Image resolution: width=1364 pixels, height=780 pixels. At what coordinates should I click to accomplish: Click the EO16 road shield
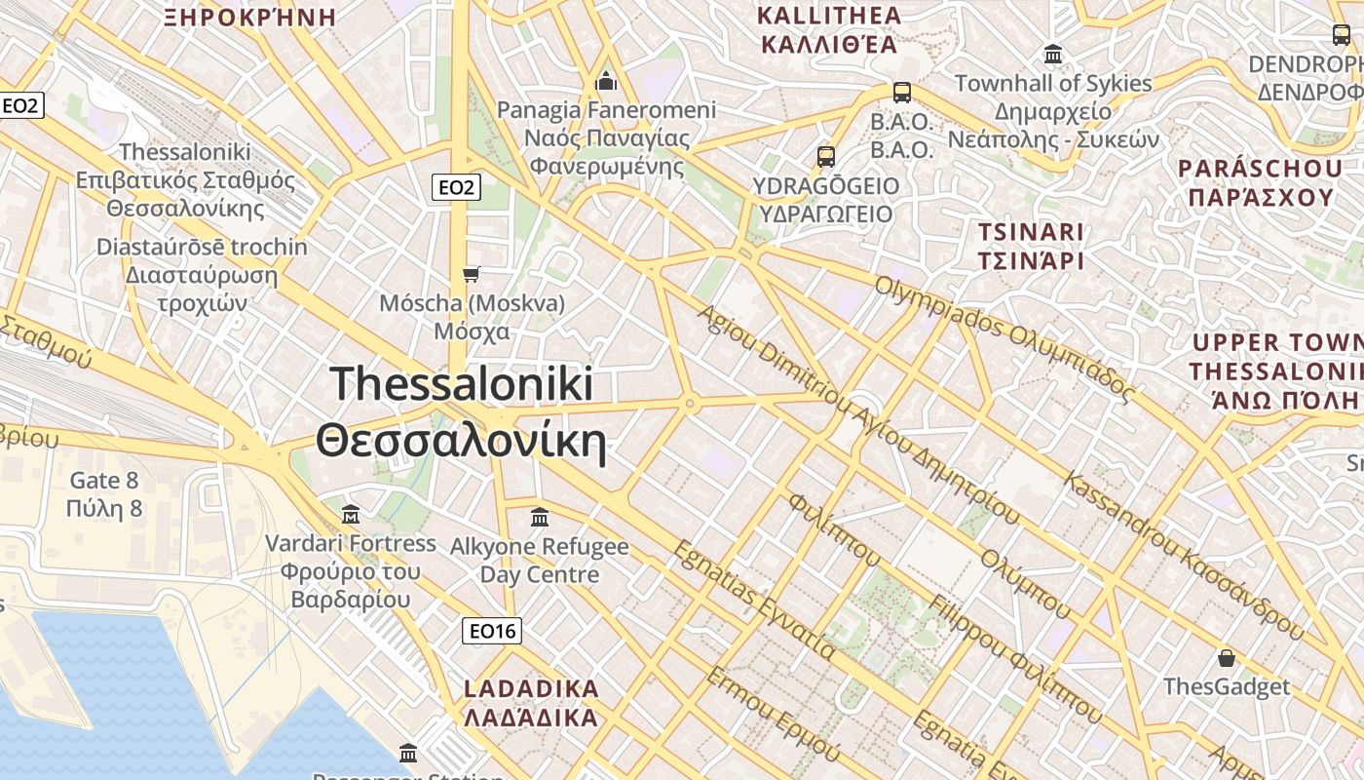[492, 631]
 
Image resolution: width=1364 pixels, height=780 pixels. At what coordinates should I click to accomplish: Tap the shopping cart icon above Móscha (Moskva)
[472, 274]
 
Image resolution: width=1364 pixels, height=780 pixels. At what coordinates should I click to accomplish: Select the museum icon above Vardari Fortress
[351, 514]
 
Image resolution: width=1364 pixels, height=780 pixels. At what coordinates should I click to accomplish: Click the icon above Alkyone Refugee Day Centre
[539, 517]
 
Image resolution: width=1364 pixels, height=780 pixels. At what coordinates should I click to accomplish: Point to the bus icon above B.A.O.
[902, 93]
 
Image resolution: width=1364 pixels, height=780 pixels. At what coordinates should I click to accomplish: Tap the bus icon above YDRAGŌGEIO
[826, 156]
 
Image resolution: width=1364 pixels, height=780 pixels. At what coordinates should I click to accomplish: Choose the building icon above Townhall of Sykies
[1052, 54]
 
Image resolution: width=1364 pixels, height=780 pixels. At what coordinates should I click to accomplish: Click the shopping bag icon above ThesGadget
[1227, 658]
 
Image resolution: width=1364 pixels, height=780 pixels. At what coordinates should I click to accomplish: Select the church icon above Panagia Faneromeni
[606, 80]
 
